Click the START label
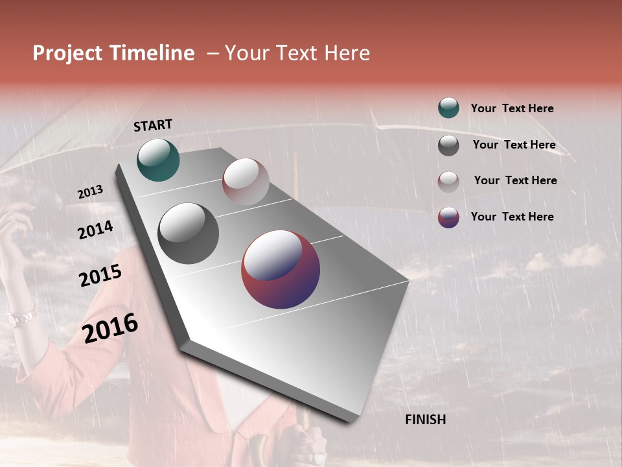click(153, 125)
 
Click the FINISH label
click(425, 420)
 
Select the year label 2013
click(90, 192)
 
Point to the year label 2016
click(110, 328)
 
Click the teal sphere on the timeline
click(158, 160)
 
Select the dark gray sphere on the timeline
click(189, 233)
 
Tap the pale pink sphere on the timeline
click(246, 182)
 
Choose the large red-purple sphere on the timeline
click(281, 269)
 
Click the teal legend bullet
click(448, 108)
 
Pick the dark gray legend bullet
click(448, 145)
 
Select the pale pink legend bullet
click(448, 182)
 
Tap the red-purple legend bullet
click(448, 217)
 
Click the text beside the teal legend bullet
click(512, 108)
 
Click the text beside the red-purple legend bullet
click(512, 217)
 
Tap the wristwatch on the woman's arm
click(21, 318)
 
